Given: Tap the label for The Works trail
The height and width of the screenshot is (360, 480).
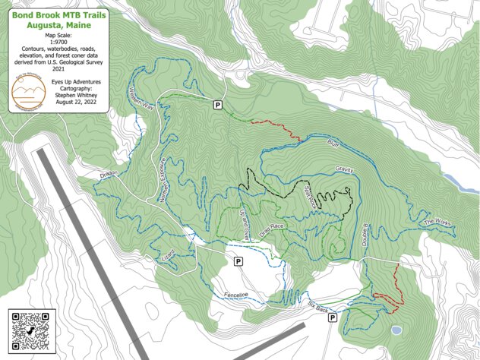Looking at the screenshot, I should point(438,223).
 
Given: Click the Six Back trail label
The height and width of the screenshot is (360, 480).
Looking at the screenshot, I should point(317,308).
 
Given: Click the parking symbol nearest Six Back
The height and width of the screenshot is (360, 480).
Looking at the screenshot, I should point(333,319).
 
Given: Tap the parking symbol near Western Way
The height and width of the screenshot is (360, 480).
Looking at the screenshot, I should point(218,105).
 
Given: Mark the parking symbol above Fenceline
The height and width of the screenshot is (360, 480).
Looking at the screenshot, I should point(238,261).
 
